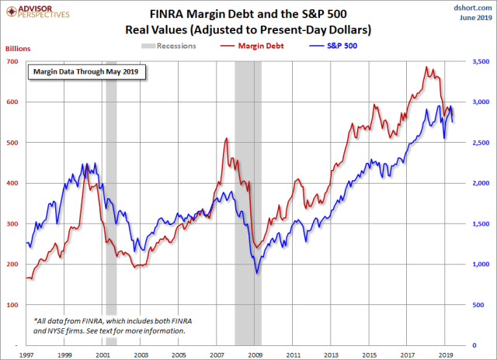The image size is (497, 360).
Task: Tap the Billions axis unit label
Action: click(17, 48)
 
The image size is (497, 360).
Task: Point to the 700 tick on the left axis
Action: click(15, 61)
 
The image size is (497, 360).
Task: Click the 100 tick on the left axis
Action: click(15, 305)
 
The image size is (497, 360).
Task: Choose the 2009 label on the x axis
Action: click(255, 353)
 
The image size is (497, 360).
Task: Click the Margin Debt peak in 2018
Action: click(426, 67)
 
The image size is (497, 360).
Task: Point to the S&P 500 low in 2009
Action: click(257, 273)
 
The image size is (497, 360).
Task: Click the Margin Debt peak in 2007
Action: click(225, 139)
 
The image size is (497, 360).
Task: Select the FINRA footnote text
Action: click(109, 325)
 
